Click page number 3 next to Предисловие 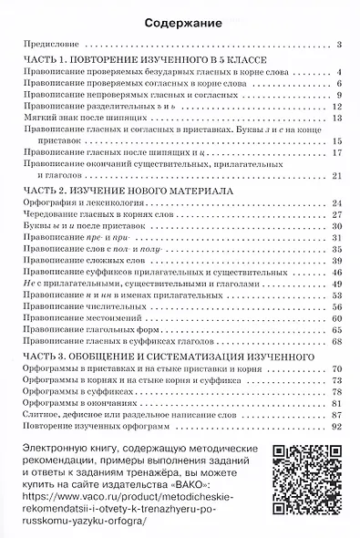point(337,44)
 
